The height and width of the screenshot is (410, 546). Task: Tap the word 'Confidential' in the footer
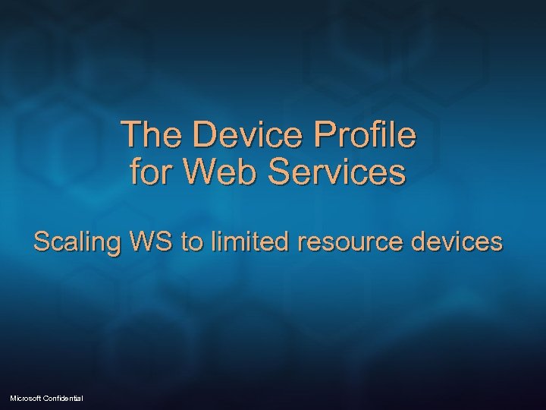click(66, 398)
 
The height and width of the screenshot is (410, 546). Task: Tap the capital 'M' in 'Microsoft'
click(14, 398)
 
